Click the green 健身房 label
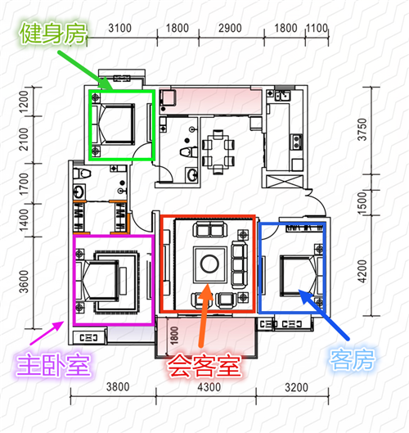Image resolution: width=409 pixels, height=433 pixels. click(x=53, y=34)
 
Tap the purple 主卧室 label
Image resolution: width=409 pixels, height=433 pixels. click(x=53, y=366)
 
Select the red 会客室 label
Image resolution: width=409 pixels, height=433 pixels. click(x=204, y=366)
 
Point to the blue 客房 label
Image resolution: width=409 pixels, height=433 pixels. click(x=353, y=359)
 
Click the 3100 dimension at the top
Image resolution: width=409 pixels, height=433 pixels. click(x=119, y=28)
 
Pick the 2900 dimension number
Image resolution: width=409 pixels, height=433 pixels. click(x=230, y=28)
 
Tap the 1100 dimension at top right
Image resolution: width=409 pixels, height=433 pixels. click(x=317, y=28)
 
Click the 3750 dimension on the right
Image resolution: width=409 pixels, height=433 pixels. click(x=362, y=129)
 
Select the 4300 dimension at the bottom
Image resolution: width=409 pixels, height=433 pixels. click(x=209, y=387)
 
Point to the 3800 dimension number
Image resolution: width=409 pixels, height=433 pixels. click(x=118, y=387)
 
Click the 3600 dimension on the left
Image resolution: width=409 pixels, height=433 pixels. click(x=24, y=282)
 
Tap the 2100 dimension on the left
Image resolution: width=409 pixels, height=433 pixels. click(x=24, y=139)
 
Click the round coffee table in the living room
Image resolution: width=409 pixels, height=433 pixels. click(x=209, y=264)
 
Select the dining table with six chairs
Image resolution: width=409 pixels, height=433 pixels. click(x=218, y=152)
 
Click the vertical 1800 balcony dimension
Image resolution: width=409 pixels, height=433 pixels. click(x=174, y=336)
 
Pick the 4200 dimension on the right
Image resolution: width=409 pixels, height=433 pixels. click(x=362, y=272)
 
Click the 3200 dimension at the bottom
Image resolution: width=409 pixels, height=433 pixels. click(x=296, y=388)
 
